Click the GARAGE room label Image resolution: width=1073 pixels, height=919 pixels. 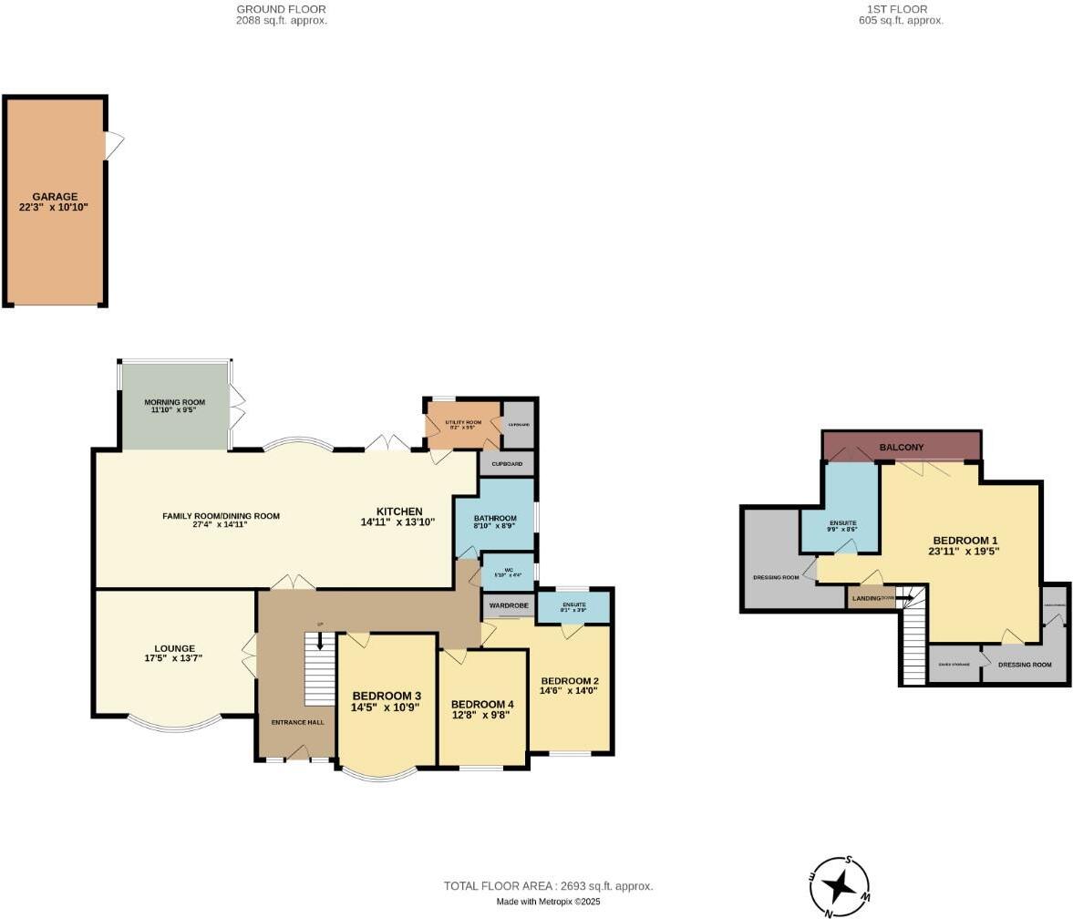[x=55, y=196]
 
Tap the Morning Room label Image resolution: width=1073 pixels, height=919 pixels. [x=174, y=402]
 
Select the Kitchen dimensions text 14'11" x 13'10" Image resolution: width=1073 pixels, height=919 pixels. [x=397, y=522]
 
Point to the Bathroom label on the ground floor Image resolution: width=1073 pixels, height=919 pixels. [x=495, y=518]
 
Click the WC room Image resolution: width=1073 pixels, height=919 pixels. [x=508, y=573]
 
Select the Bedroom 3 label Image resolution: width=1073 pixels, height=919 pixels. [x=387, y=696]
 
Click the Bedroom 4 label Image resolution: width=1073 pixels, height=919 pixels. [x=482, y=704]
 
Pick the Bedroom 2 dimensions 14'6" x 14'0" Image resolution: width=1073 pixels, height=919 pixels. [x=569, y=691]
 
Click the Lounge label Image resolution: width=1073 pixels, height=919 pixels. [x=175, y=648]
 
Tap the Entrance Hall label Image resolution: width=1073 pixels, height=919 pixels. [x=297, y=722]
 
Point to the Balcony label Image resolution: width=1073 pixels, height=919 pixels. [x=901, y=448]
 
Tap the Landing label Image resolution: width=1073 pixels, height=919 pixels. [x=866, y=599]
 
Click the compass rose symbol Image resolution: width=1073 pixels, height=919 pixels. [x=839, y=885]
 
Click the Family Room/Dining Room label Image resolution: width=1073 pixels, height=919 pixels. [x=221, y=516]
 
